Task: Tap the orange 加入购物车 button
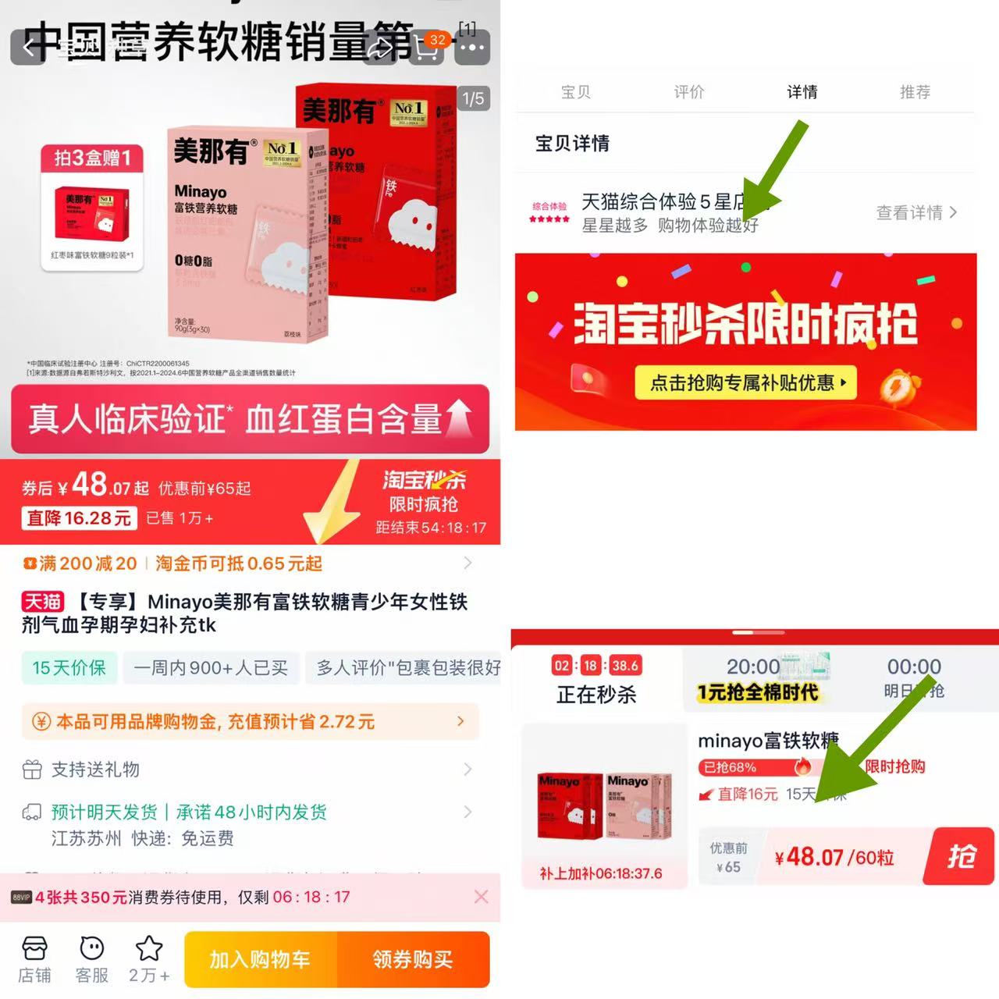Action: (x=260, y=959)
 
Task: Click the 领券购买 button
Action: (x=413, y=959)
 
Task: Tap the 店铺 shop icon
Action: (x=34, y=959)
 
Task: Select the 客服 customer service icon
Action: (x=92, y=959)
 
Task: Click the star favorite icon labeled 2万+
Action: (x=149, y=959)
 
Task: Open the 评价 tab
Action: (x=689, y=92)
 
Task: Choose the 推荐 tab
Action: (x=915, y=92)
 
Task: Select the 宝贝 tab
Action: (x=576, y=92)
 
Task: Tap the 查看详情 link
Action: (x=915, y=212)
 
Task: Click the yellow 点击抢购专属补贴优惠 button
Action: (x=745, y=382)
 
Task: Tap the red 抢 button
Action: (x=961, y=856)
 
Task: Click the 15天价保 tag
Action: (x=69, y=668)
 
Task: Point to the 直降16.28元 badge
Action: (x=79, y=518)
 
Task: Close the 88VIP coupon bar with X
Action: (x=481, y=897)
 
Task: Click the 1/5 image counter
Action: (x=473, y=99)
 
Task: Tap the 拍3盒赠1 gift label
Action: (x=92, y=158)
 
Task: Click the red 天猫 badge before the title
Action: (x=42, y=602)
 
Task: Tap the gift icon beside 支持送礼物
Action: (x=32, y=770)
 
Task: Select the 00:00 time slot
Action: (x=914, y=677)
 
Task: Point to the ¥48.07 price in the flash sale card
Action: (x=809, y=857)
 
